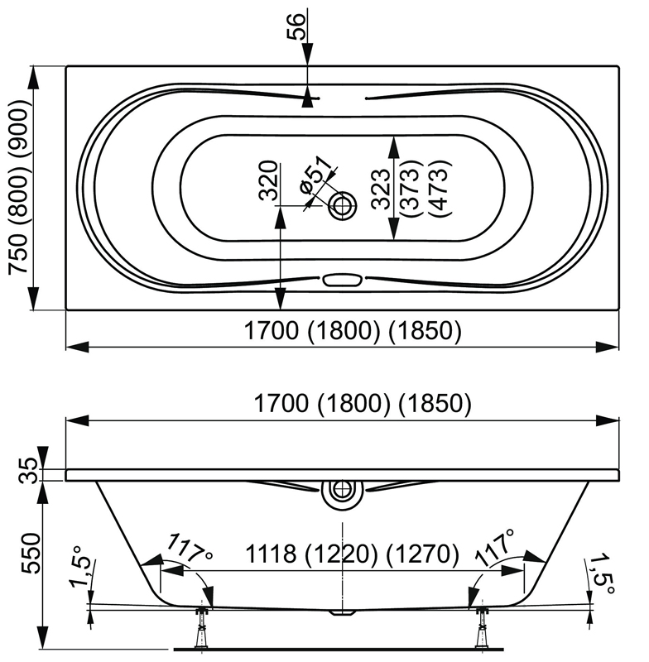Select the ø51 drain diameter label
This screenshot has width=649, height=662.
[x=314, y=177]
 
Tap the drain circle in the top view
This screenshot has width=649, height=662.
[x=342, y=204]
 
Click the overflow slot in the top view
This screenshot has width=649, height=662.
[x=340, y=281]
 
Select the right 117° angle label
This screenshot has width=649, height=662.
[x=495, y=549]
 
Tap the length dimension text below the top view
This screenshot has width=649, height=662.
[x=352, y=331]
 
